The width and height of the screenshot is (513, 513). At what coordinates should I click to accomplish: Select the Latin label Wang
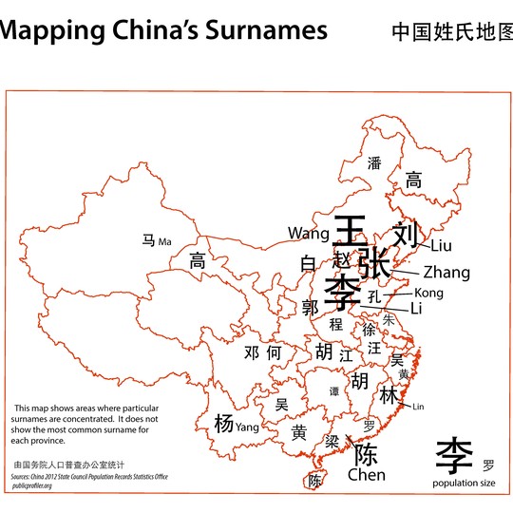coord(308,233)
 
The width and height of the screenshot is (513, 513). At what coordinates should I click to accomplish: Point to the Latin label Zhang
coord(446,273)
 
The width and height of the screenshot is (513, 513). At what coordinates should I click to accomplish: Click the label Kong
coord(428,293)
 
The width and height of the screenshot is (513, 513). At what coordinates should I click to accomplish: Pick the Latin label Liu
coord(442,247)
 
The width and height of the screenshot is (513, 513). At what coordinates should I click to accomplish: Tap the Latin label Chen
coord(366,474)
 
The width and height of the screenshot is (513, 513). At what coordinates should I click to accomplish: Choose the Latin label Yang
coord(247,427)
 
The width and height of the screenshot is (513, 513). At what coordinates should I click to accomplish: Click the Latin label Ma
coord(165,241)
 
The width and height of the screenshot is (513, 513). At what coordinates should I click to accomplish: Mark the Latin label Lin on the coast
coord(418,407)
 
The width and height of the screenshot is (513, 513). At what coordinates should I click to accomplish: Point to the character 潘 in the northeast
coord(374,163)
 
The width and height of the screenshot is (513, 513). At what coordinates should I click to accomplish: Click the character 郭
coord(310,308)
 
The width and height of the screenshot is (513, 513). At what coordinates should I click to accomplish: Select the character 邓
coord(252,352)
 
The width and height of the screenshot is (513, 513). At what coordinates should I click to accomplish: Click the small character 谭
coord(333,390)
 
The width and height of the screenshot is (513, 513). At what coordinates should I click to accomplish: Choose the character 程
coord(335,324)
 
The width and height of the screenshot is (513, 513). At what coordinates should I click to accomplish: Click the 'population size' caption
coord(464,484)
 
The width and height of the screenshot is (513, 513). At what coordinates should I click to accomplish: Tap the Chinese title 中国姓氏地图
coord(451,32)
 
